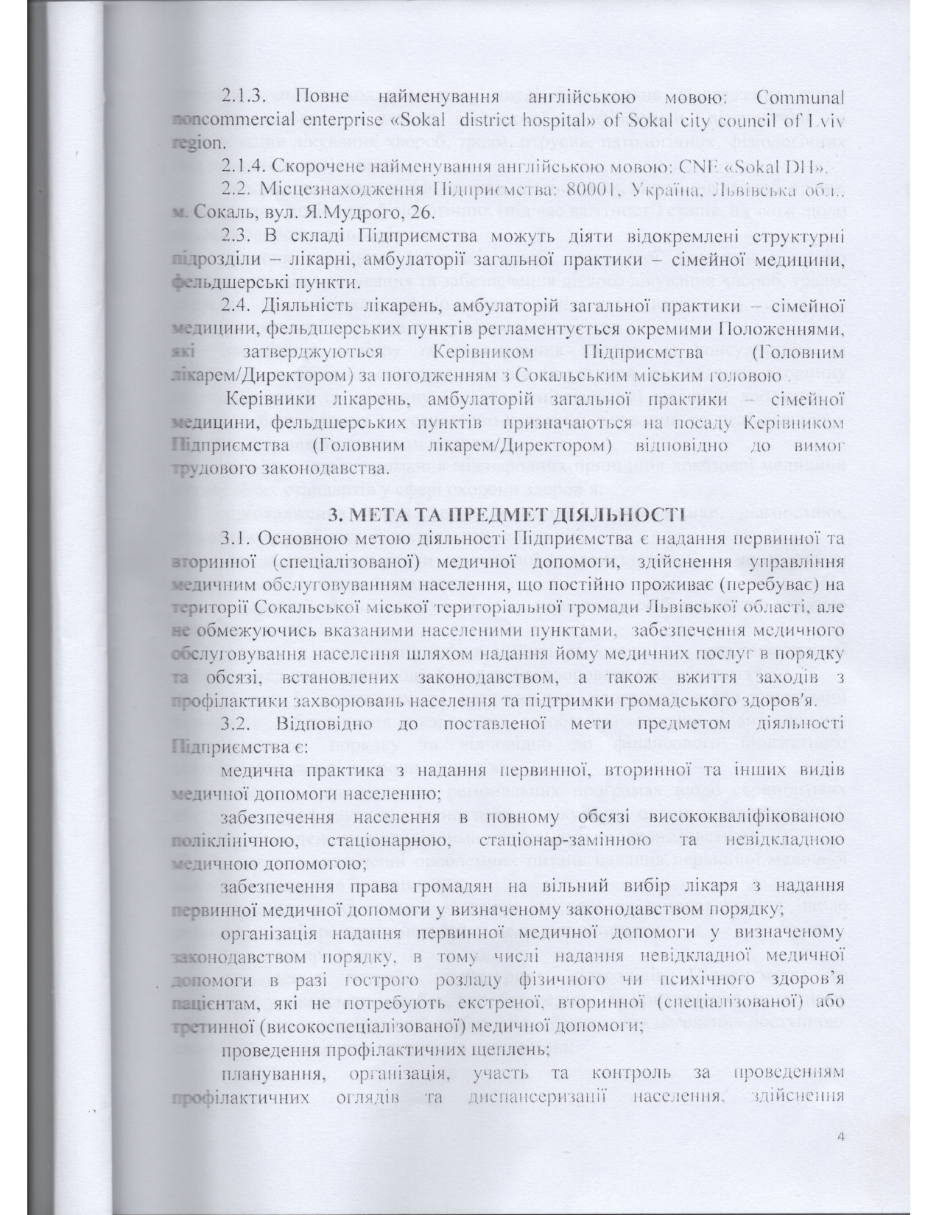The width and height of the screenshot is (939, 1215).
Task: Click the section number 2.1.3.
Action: point(247,96)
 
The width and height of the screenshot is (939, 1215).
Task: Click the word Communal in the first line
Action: point(798,96)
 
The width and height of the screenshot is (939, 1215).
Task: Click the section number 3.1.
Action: point(238,539)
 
